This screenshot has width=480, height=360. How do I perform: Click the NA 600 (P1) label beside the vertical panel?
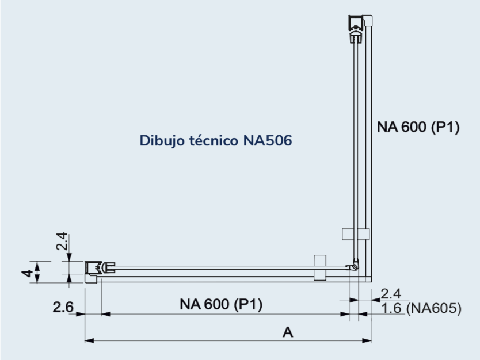(418, 127)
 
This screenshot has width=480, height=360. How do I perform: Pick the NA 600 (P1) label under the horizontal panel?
(221, 305)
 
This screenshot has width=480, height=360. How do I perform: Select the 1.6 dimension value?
(391, 309)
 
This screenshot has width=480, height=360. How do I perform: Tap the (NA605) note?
(433, 309)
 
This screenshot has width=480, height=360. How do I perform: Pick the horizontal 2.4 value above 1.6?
(391, 294)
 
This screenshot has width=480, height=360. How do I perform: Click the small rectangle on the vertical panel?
(355, 233)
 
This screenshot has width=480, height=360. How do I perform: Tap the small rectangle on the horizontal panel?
(319, 267)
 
